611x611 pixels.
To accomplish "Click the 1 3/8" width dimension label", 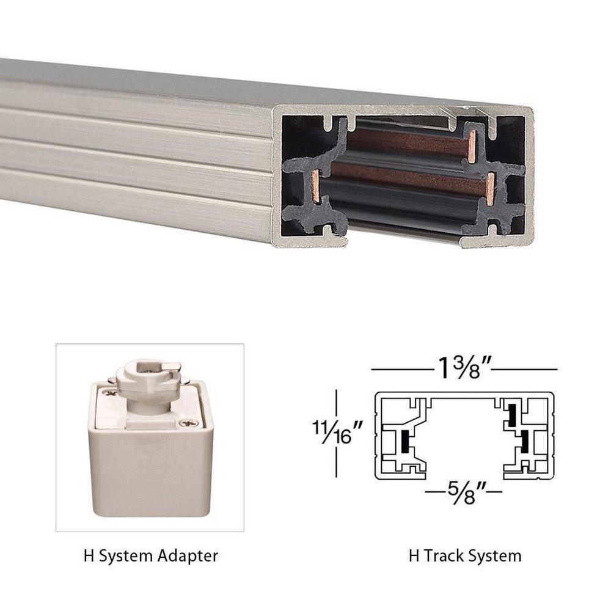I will click(464, 368).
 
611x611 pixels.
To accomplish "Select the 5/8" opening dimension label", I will click(464, 491).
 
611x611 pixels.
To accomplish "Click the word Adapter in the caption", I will click(188, 556).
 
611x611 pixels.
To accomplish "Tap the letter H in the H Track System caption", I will click(414, 556).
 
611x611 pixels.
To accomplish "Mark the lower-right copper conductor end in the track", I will click(491, 188).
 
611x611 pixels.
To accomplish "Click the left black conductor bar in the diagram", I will click(404, 441).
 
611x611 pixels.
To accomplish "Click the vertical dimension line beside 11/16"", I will click(336, 434).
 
